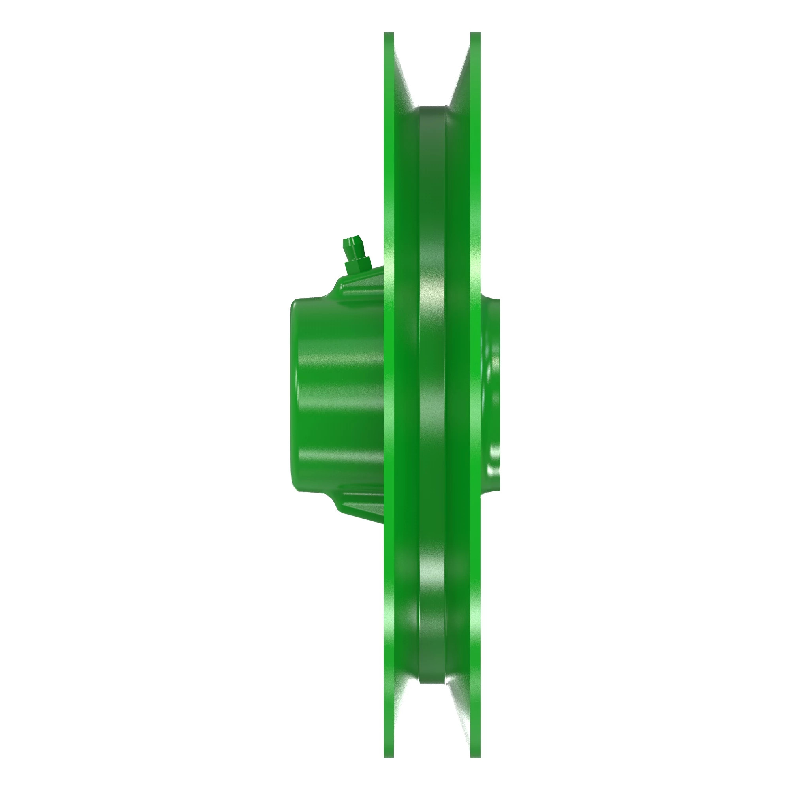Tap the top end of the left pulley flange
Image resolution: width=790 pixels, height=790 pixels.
(x=388, y=35)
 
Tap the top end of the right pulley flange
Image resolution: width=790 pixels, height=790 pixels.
(x=475, y=35)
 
